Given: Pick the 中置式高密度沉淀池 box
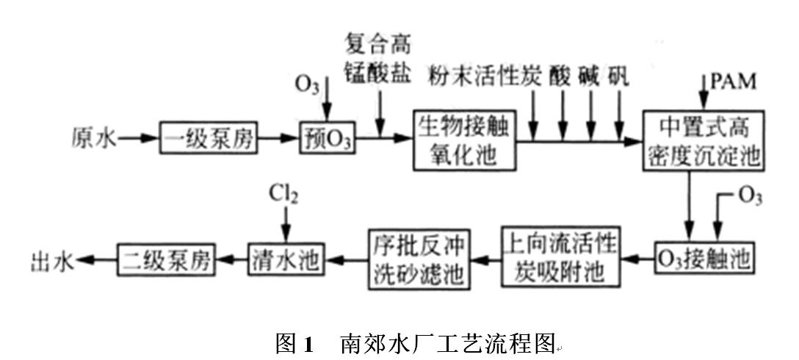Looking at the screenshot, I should pyautogui.click(x=704, y=139).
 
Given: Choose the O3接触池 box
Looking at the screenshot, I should pyautogui.click(x=704, y=259).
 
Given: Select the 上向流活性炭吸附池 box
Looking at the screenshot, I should pyautogui.click(x=559, y=259).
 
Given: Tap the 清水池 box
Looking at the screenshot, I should pyautogui.click(x=286, y=259).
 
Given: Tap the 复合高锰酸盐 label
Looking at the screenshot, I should pyautogui.click(x=379, y=59).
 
